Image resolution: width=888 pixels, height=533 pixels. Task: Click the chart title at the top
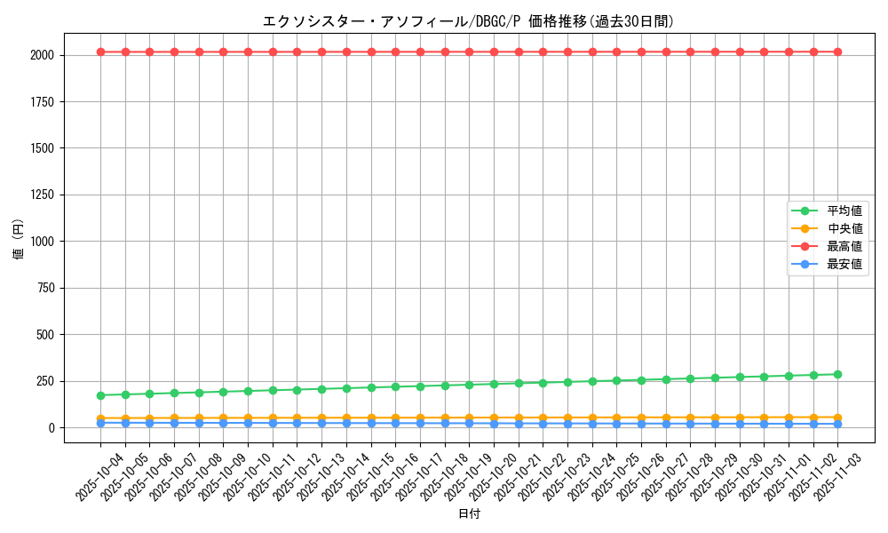[468, 21]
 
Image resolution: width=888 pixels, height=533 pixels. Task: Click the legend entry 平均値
[844, 211]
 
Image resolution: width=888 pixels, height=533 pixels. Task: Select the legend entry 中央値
[844, 228]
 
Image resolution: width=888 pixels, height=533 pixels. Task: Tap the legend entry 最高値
[844, 246]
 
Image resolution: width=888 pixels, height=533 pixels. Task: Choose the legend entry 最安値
[844, 264]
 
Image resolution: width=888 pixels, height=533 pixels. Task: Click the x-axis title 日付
[468, 514]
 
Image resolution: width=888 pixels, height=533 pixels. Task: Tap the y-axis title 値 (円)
[19, 242]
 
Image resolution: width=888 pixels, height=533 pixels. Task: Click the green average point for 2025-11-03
[837, 374]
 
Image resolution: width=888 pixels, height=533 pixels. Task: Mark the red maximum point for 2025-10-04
[100, 52]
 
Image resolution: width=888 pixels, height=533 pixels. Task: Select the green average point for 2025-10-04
[100, 395]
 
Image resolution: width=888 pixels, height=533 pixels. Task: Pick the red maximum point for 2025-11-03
[837, 52]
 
